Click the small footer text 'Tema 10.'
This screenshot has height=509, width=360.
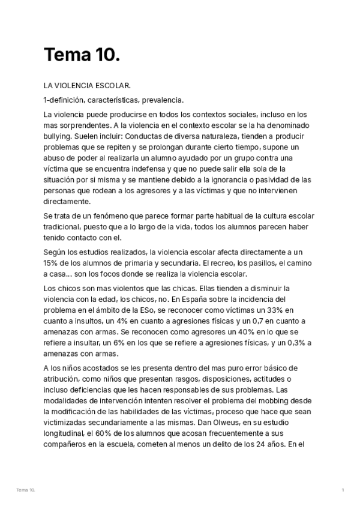pos(26,490)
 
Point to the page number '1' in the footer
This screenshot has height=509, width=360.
pos(342,490)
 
